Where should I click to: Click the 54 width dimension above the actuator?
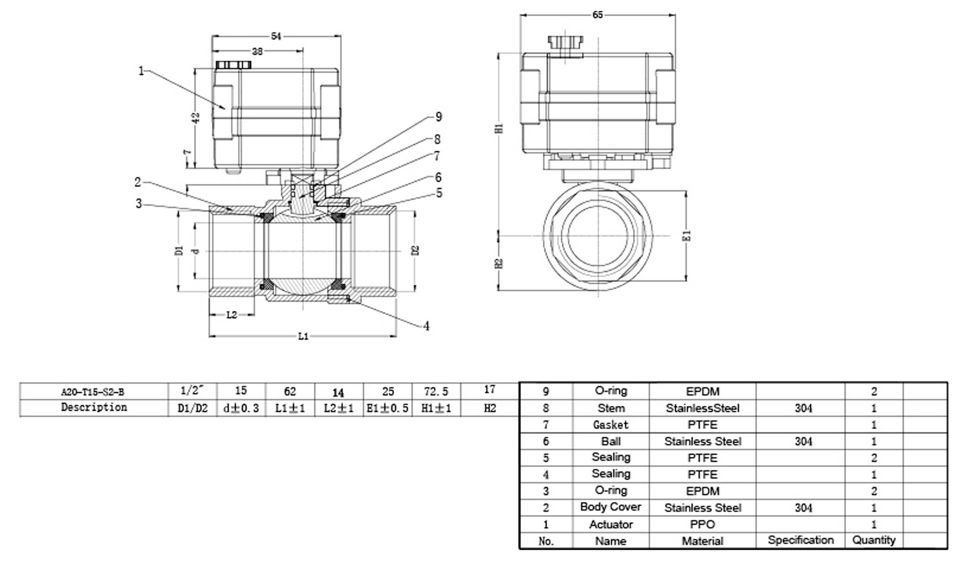pyautogui.click(x=276, y=36)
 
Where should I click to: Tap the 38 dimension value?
pyautogui.click(x=257, y=51)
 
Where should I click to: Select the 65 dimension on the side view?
pyautogui.click(x=598, y=15)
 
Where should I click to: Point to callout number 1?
pyautogui.click(x=141, y=71)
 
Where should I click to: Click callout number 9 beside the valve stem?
pyautogui.click(x=439, y=117)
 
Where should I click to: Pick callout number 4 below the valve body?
pyautogui.click(x=427, y=326)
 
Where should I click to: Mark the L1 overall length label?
pyautogui.click(x=303, y=336)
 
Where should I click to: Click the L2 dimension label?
pyautogui.click(x=232, y=315)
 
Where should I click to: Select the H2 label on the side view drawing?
pyautogui.click(x=499, y=263)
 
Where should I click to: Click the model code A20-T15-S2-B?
pyautogui.click(x=93, y=392)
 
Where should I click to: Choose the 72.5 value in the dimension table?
pyautogui.click(x=436, y=391)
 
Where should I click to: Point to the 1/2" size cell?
pyautogui.click(x=193, y=390)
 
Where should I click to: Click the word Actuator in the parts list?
pyautogui.click(x=611, y=524)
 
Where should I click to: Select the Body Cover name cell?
pyautogui.click(x=611, y=507)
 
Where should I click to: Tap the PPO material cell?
pyautogui.click(x=702, y=524)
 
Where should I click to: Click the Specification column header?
pyautogui.click(x=801, y=540)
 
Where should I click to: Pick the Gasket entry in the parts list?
pyautogui.click(x=611, y=425)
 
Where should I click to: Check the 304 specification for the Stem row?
pyautogui.click(x=803, y=408)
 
